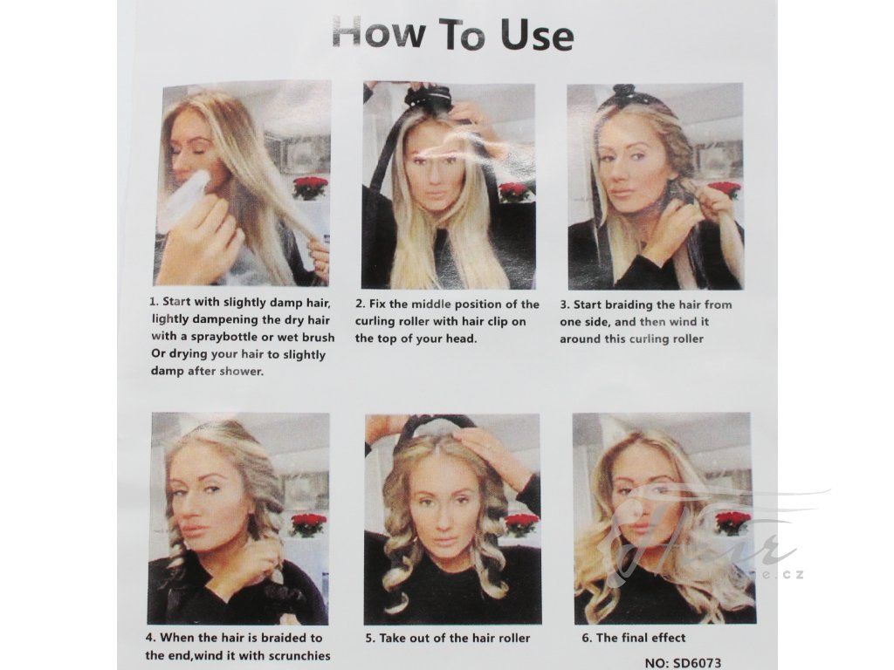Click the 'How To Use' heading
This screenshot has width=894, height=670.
(x=453, y=34)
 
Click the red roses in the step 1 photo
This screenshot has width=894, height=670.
(x=310, y=188)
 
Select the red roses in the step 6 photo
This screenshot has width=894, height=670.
(x=733, y=522)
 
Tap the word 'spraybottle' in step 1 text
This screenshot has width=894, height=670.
(x=224, y=337)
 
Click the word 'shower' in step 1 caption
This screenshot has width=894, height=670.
(x=241, y=372)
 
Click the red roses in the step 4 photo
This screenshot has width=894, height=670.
(x=308, y=524)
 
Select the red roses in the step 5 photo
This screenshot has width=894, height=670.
(x=520, y=524)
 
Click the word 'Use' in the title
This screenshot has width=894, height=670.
(x=537, y=35)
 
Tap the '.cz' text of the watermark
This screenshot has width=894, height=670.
(x=793, y=574)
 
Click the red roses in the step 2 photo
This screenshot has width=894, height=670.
(x=515, y=192)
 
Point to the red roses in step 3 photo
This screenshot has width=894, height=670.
(x=724, y=190)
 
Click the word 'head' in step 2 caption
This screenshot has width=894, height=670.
(x=459, y=338)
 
